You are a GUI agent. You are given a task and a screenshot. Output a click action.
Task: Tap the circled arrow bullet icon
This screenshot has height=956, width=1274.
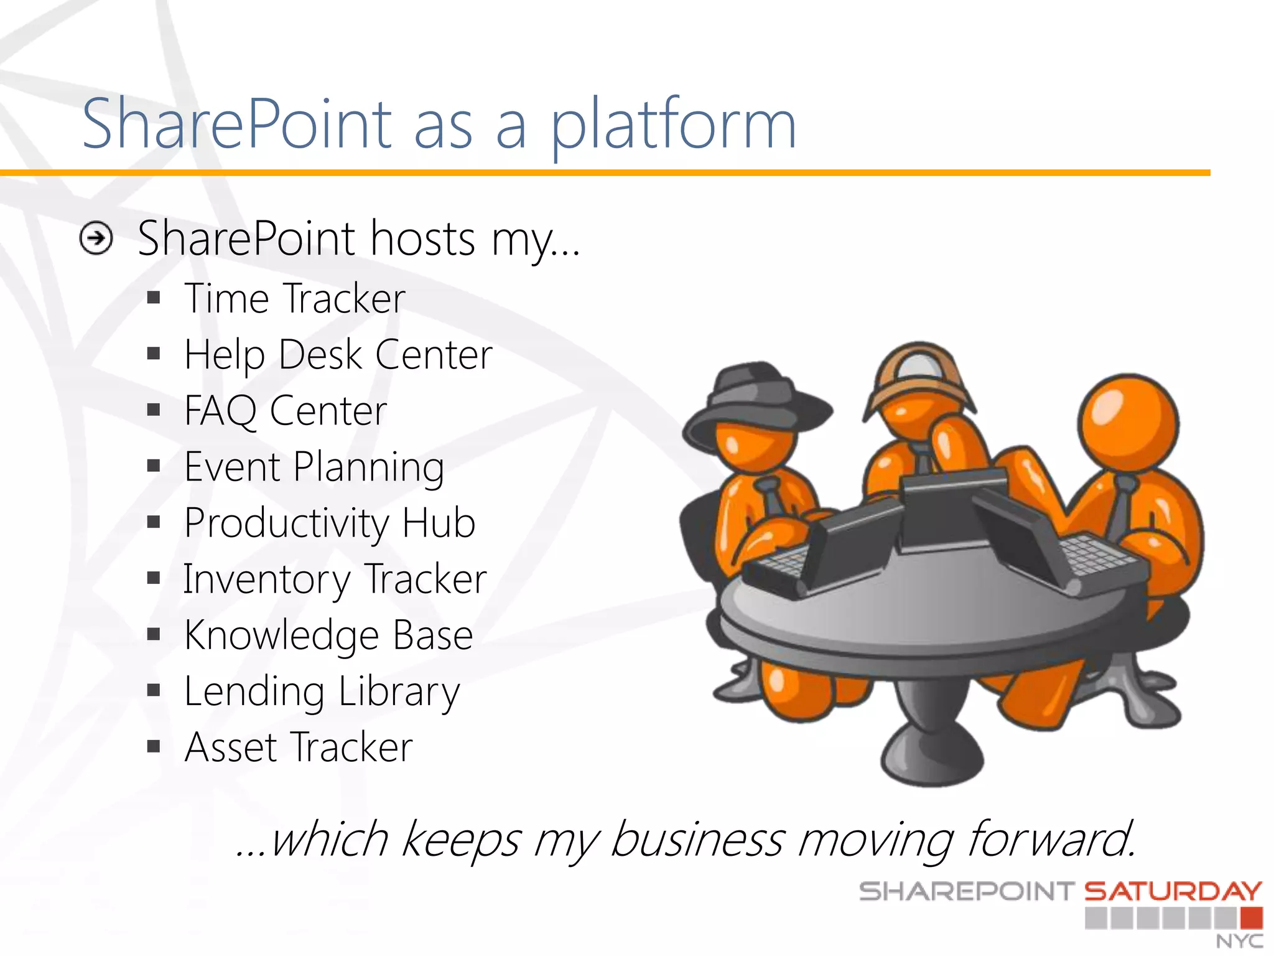click(96, 238)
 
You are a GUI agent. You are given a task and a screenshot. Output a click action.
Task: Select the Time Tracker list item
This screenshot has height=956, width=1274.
click(295, 299)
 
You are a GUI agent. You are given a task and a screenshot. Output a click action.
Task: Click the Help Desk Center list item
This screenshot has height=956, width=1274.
click(338, 355)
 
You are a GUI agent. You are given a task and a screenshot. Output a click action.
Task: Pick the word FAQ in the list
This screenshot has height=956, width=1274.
click(220, 411)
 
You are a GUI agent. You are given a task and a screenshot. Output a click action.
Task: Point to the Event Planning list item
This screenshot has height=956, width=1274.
click(314, 467)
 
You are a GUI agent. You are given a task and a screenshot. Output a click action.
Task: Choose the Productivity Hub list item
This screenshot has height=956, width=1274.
click(330, 523)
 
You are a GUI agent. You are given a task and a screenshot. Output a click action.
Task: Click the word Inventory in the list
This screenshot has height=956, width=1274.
click(266, 579)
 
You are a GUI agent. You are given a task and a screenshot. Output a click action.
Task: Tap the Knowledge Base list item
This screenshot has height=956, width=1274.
click(328, 635)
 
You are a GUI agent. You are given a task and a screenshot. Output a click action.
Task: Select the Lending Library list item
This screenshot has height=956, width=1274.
click(322, 691)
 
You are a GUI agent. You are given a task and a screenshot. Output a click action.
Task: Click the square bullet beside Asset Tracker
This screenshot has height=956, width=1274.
click(154, 746)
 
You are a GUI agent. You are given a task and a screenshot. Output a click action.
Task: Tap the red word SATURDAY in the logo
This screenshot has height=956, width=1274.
click(1173, 892)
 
